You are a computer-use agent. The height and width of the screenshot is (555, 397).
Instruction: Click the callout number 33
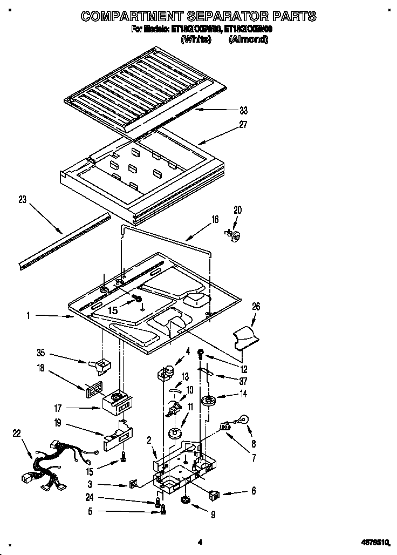click(x=243, y=111)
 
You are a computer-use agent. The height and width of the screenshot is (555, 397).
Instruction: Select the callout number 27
click(x=243, y=125)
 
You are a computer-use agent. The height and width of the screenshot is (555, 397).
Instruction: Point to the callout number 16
click(x=215, y=219)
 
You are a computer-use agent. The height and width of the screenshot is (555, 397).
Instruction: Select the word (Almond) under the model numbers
click(x=248, y=39)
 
